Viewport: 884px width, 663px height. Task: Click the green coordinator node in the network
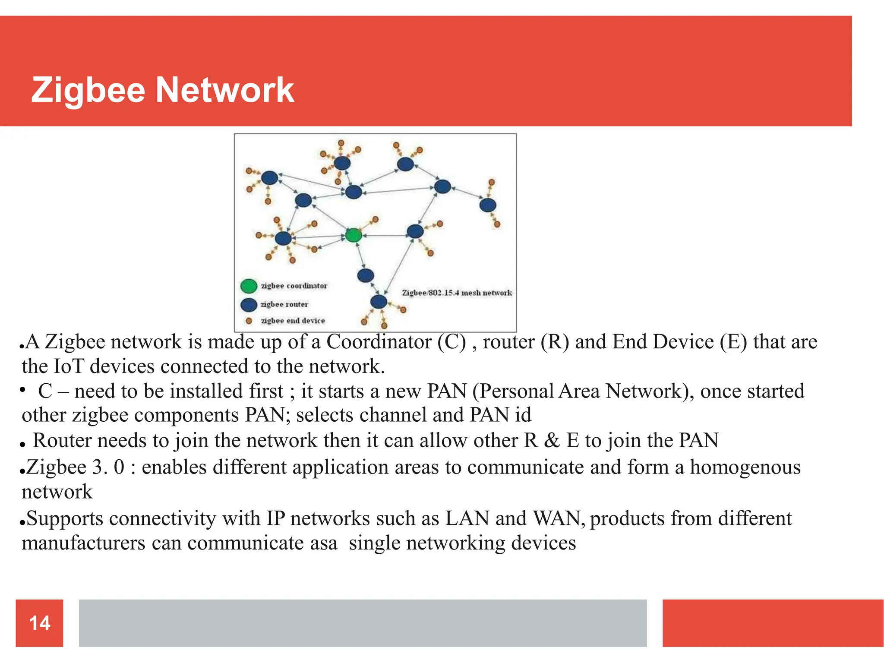point(354,235)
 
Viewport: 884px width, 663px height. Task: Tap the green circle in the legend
point(249,286)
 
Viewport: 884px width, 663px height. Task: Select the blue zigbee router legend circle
point(249,305)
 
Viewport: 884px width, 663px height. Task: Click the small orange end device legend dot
point(249,321)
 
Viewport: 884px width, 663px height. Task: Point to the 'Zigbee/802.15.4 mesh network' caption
point(457,293)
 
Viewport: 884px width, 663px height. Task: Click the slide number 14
point(39,623)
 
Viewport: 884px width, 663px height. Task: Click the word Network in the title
point(224,90)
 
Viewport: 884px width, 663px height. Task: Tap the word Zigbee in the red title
point(88,90)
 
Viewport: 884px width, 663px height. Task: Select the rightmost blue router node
point(488,205)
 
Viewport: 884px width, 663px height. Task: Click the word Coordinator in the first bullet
point(379,342)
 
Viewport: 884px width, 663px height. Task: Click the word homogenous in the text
point(745,467)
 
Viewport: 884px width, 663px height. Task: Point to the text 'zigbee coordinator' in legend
point(294,286)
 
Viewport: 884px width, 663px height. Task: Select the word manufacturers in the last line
point(83,543)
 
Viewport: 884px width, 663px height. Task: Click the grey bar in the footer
point(363,623)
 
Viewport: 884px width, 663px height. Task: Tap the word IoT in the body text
point(68,366)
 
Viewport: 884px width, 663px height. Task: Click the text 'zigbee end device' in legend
point(293,321)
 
